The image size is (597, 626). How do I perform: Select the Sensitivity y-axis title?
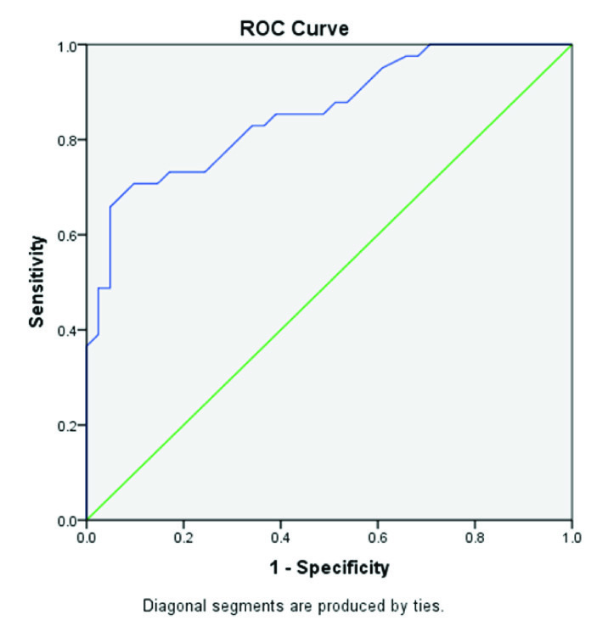click(38, 282)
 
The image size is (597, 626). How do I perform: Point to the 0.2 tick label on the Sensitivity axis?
click(66, 425)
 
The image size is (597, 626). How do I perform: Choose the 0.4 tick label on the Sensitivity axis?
click(66, 330)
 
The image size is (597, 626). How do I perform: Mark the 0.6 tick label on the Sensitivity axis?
click(66, 235)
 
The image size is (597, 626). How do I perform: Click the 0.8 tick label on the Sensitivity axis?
click(66, 140)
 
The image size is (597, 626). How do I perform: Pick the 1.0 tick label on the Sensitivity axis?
click(66, 45)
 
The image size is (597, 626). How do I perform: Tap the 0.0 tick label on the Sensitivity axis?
click(66, 520)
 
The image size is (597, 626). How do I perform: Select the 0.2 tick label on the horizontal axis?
click(183, 537)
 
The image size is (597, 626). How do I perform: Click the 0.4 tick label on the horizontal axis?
click(280, 537)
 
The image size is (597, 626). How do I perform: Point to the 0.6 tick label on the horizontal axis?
click(378, 537)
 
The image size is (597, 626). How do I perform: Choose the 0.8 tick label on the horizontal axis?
click(475, 537)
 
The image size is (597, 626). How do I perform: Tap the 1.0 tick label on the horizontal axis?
click(572, 537)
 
